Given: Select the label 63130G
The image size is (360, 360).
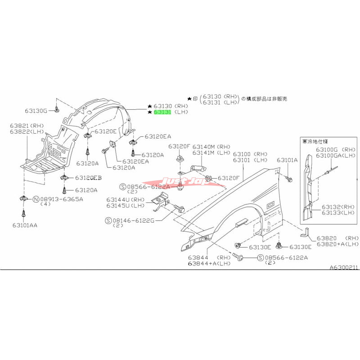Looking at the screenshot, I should [x=36, y=110].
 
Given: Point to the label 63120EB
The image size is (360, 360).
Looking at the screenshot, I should [x=88, y=178].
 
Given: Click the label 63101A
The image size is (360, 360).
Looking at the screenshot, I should [x=287, y=160].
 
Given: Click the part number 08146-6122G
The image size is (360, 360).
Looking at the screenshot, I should [x=134, y=220].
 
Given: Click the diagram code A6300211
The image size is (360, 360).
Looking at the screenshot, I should [x=344, y=267].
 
